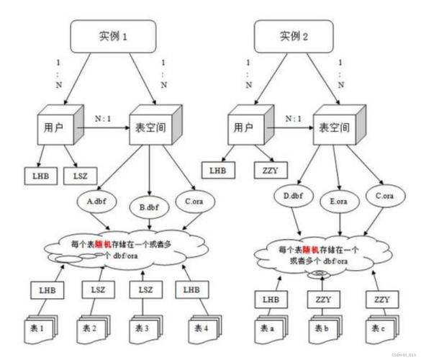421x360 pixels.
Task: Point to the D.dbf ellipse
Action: click(x=293, y=197)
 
